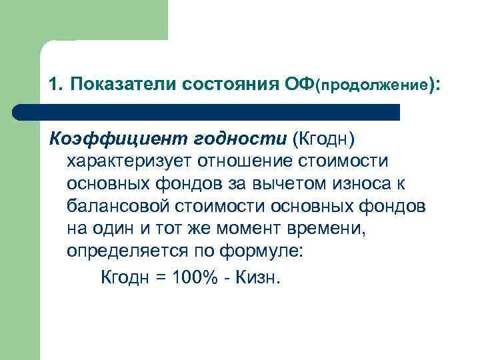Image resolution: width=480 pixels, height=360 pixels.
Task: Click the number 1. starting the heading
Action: point(56,85)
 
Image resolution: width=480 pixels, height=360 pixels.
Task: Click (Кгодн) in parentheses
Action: point(324,138)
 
